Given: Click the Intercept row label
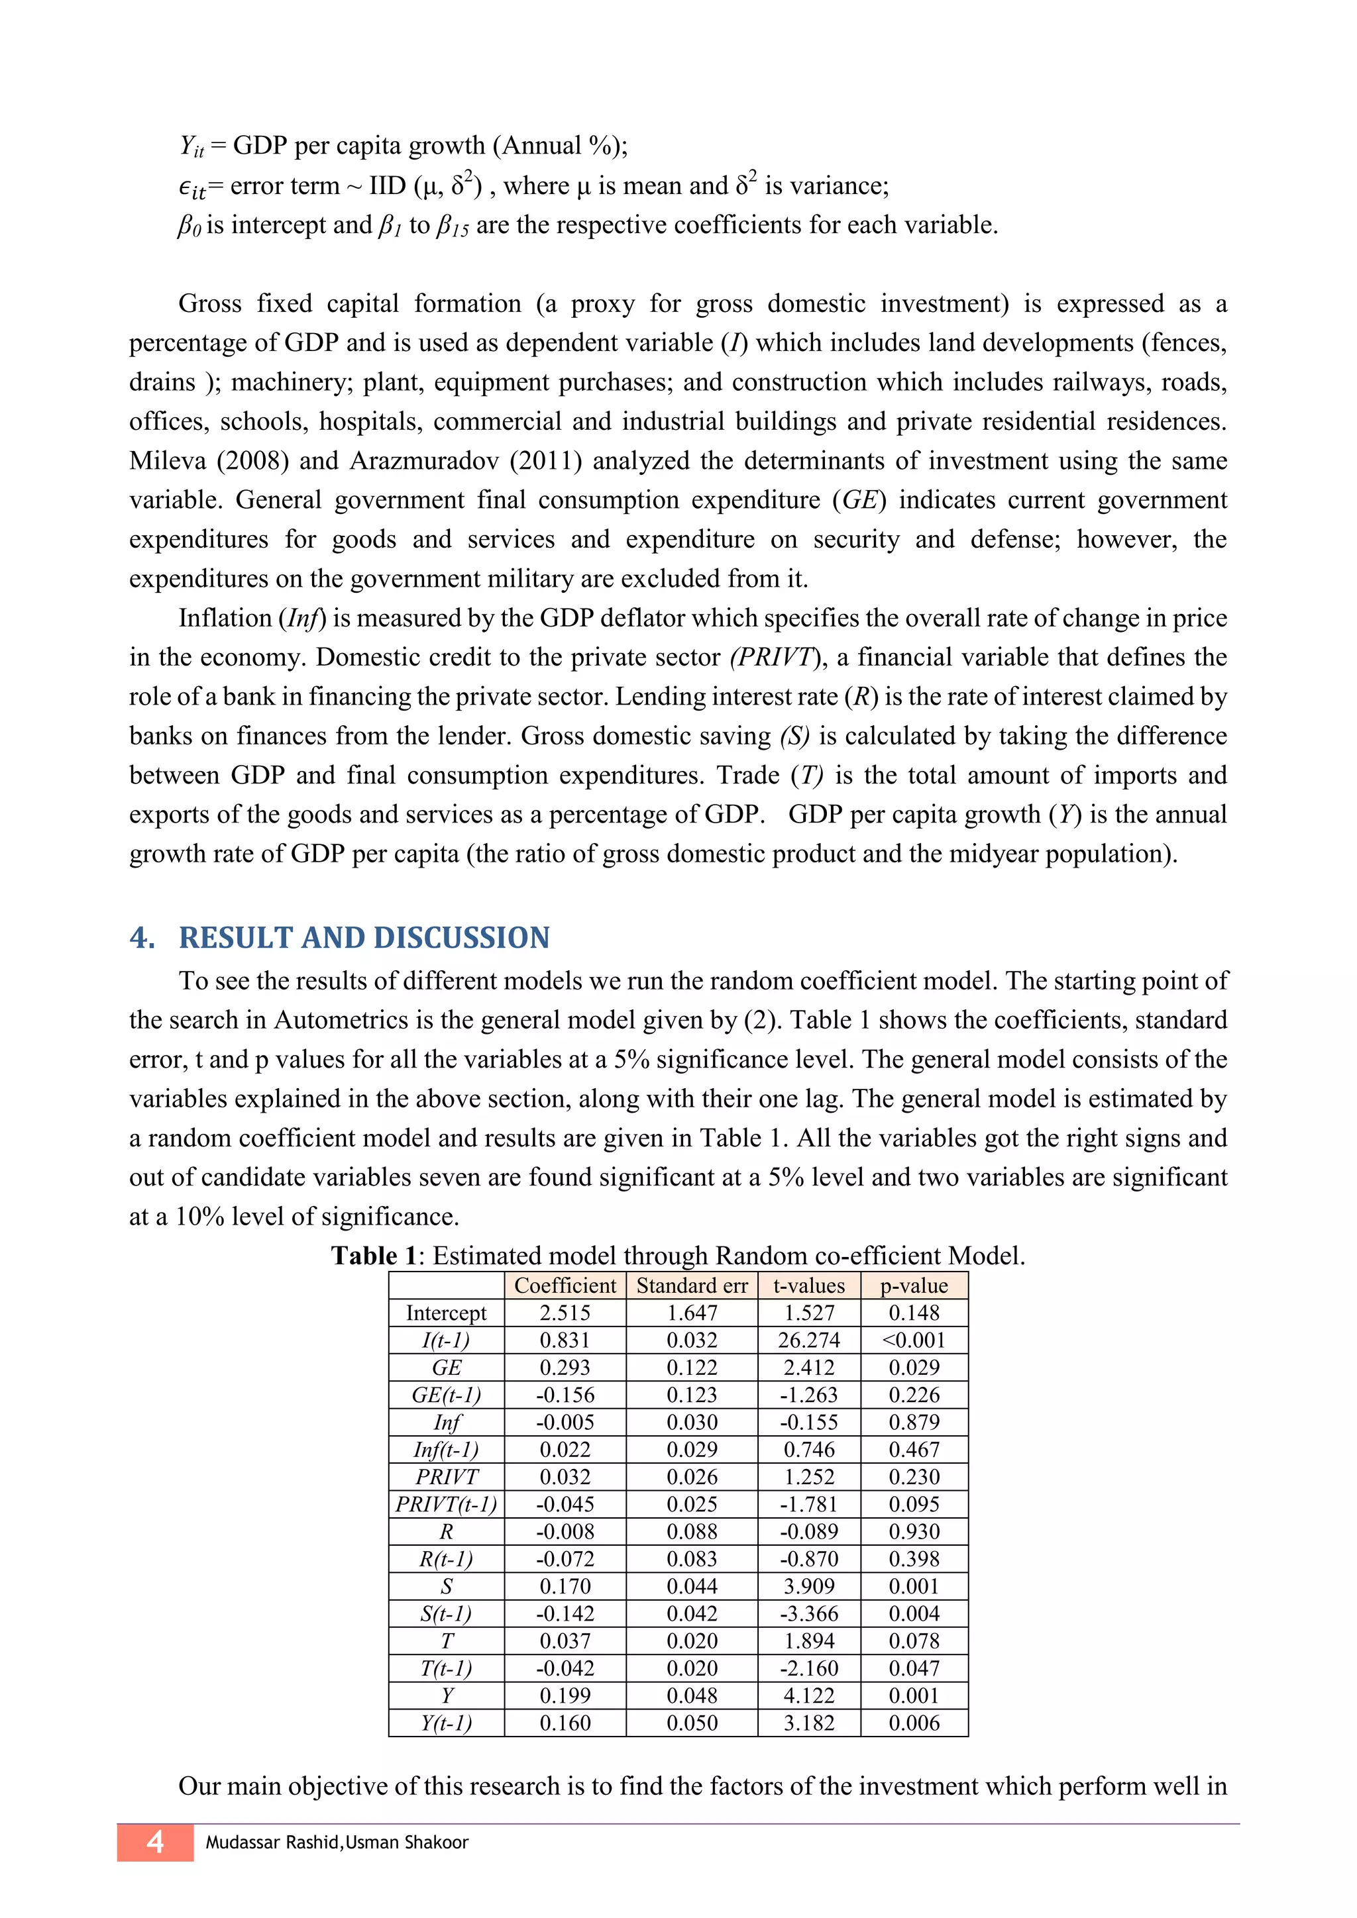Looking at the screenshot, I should point(446,1313).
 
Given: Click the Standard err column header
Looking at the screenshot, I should point(691,1285).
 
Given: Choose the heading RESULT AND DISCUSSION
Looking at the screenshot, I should point(364,937).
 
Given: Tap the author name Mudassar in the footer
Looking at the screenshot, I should point(243,1842).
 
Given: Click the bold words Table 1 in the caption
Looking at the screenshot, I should point(374,1256).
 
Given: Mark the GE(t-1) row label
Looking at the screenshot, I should point(446,1394).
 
